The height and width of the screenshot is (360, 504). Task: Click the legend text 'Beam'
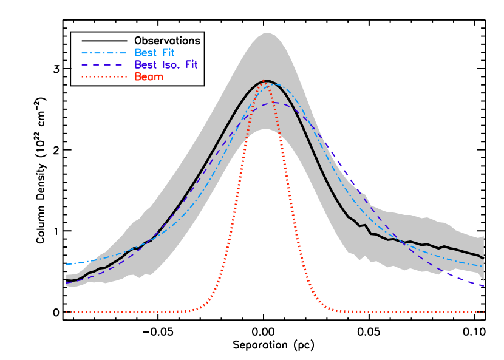149,77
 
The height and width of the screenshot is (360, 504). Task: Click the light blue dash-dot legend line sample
104,53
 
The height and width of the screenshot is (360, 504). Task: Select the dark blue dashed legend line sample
104,65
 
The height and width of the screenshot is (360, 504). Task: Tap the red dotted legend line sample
104,77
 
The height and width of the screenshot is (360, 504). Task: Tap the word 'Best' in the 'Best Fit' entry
145,53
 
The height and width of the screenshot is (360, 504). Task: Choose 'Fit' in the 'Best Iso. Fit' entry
191,65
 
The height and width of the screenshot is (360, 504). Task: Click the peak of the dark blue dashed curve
275,103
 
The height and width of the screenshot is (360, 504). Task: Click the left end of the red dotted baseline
66,312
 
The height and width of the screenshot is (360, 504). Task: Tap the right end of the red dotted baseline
483,312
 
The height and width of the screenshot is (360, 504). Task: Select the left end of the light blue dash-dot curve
66,265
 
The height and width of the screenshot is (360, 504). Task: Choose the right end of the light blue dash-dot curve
483,266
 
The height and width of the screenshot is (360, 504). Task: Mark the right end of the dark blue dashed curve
483,285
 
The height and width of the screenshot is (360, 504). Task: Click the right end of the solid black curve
483,259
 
